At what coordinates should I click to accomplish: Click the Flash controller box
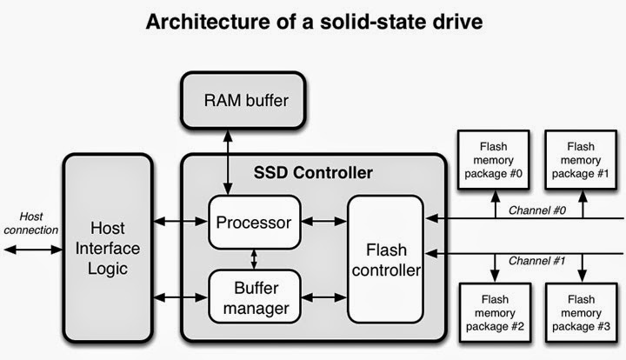[x=385, y=258]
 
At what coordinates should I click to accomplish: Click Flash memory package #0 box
[x=491, y=159]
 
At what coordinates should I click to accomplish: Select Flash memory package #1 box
[x=579, y=159]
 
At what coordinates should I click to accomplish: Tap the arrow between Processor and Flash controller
[x=324, y=220]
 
